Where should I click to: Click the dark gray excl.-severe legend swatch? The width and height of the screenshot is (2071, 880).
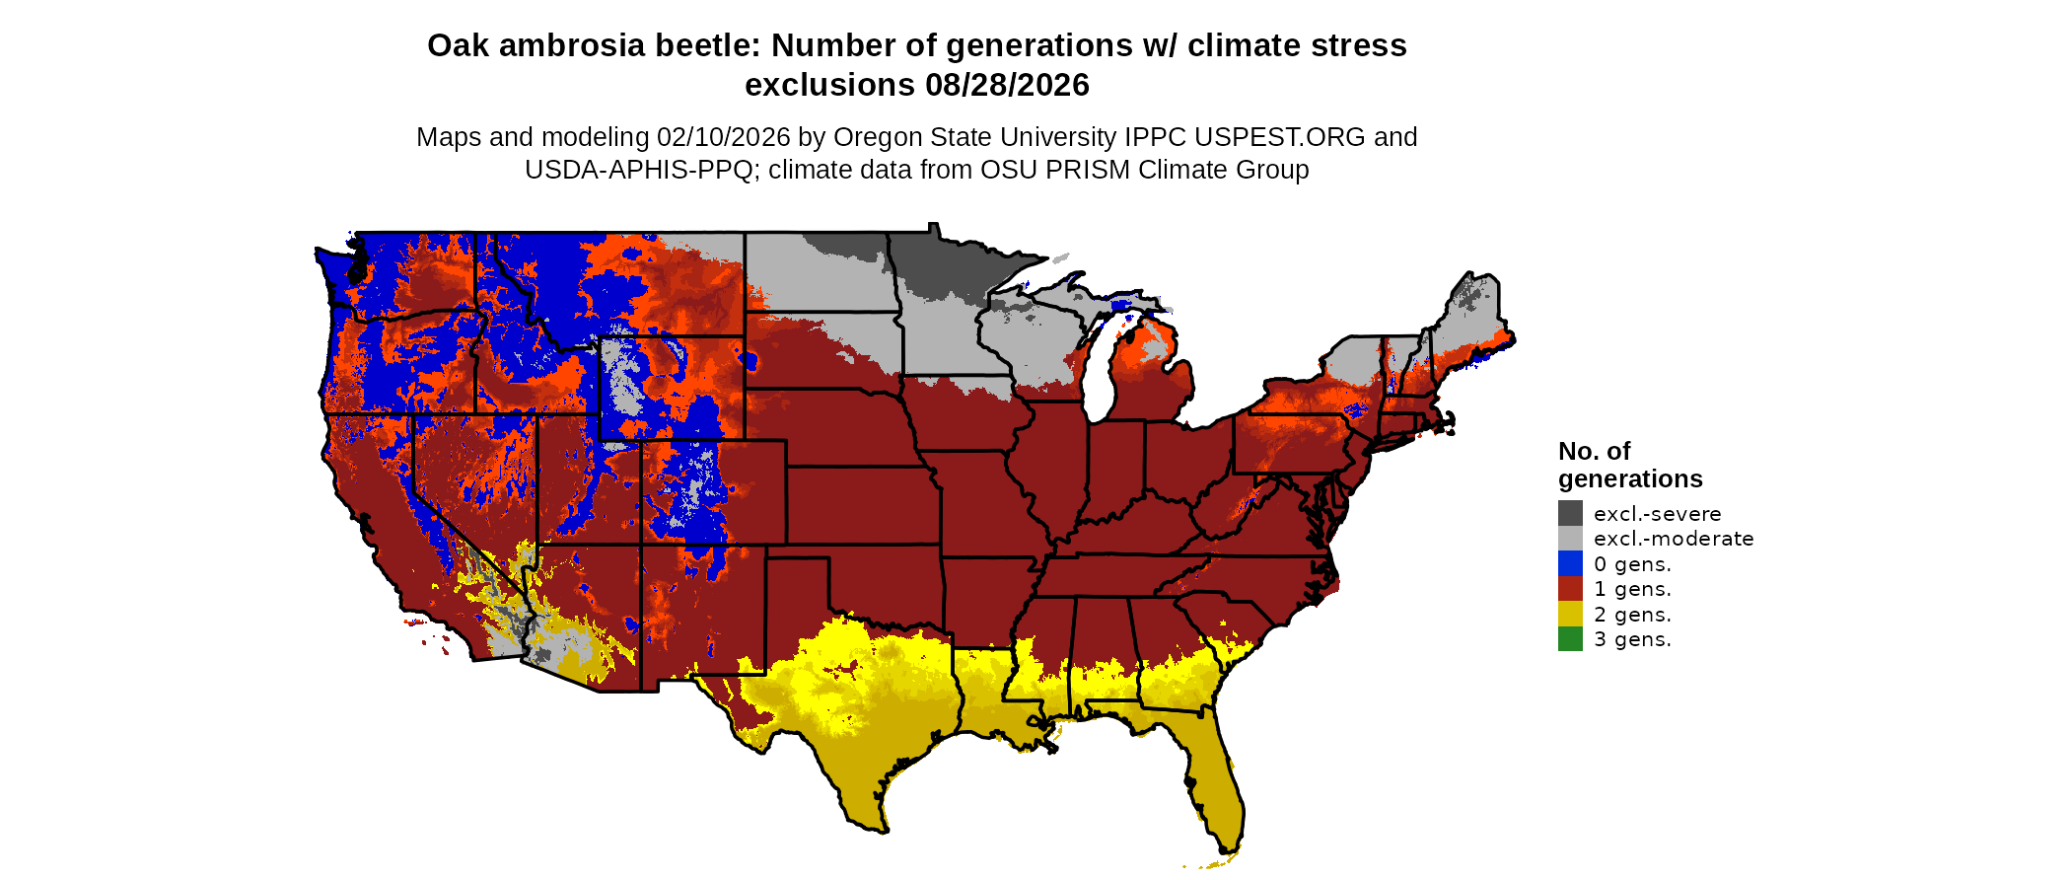pyautogui.click(x=1570, y=513)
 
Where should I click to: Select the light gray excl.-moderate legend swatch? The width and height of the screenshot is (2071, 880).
pyautogui.click(x=1570, y=539)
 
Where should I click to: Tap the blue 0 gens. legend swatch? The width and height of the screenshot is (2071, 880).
pyautogui.click(x=1570, y=564)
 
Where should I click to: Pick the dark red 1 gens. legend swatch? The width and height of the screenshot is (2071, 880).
pyautogui.click(x=1570, y=589)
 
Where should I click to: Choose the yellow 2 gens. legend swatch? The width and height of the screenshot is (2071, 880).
pyautogui.click(x=1570, y=615)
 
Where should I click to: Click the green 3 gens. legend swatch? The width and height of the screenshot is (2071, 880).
pyautogui.click(x=1570, y=639)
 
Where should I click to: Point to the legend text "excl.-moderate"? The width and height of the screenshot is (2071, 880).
pyautogui.click(x=1674, y=539)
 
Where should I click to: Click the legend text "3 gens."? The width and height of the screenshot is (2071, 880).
pyautogui.click(x=1632, y=639)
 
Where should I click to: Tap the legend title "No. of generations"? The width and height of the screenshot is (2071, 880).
pyautogui.click(x=1629, y=465)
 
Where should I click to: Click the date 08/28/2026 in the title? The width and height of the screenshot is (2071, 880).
pyautogui.click(x=1007, y=85)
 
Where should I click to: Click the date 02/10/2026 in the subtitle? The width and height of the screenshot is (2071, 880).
pyautogui.click(x=724, y=137)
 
